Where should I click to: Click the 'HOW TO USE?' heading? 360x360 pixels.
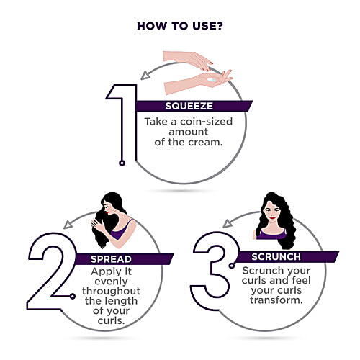point(180,26)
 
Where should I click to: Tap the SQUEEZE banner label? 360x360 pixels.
point(189,106)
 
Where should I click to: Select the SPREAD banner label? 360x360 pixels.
point(111,259)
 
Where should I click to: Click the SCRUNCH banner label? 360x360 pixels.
point(276,257)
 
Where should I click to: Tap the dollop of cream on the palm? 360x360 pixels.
point(212,80)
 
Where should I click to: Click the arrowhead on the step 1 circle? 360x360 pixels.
point(145,76)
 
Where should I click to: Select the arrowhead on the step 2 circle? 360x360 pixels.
point(68,225)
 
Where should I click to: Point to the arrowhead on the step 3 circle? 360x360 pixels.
point(228,223)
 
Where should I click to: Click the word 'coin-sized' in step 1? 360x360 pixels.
point(206,122)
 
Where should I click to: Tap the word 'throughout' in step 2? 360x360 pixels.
point(111,291)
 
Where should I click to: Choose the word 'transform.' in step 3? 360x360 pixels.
point(276,300)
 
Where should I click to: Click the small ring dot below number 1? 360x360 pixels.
point(122,163)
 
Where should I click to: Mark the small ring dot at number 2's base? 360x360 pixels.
point(73,297)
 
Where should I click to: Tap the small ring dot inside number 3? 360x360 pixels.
point(232,266)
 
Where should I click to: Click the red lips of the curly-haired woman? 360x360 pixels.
point(272,218)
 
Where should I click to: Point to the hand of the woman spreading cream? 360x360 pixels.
point(98,225)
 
